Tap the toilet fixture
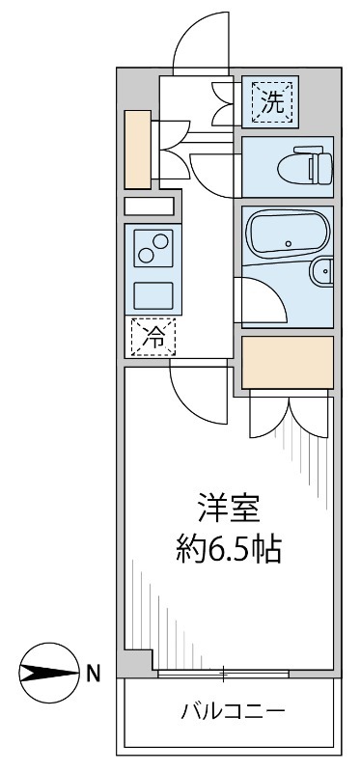click(x=309, y=168)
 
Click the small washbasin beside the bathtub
click(x=323, y=275)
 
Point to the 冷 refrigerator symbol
click(x=153, y=337)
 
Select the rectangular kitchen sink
click(x=153, y=294)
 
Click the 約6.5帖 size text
click(x=228, y=550)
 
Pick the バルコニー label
click(x=233, y=714)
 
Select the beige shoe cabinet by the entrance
click(x=138, y=150)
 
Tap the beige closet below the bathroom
click(x=287, y=361)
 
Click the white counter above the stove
click(x=150, y=206)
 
